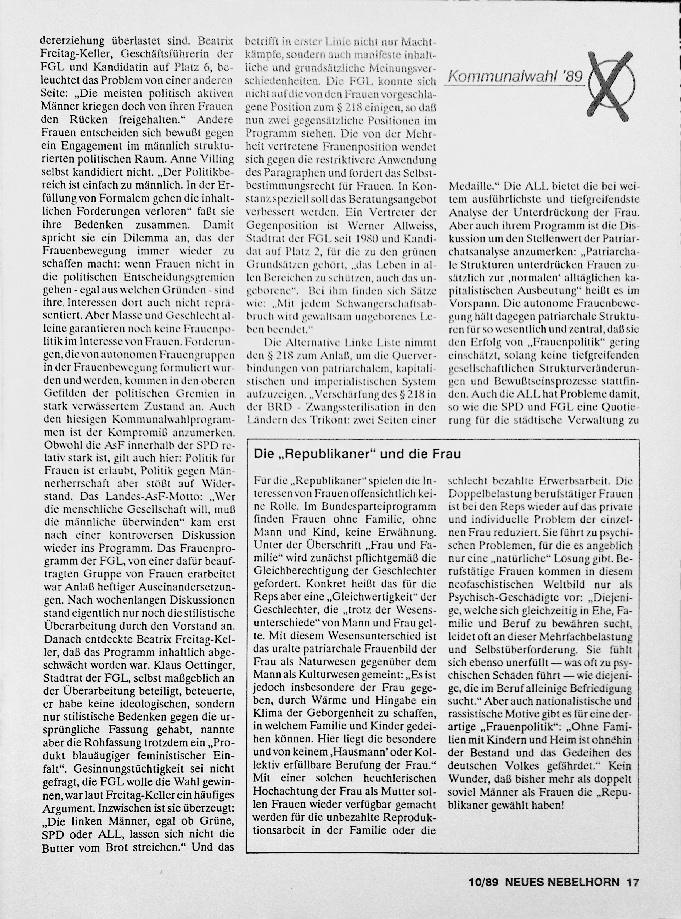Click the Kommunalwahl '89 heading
(x=515, y=77)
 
